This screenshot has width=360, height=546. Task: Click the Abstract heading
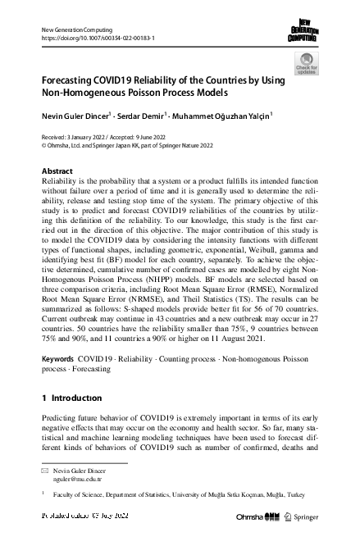tap(57, 171)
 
